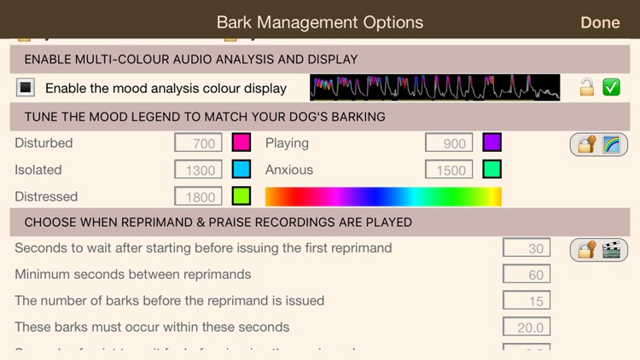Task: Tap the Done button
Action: click(x=600, y=22)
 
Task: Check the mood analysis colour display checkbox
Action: click(x=26, y=87)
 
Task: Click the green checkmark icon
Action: click(x=611, y=87)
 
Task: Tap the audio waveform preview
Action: click(x=434, y=87)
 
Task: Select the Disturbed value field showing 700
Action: click(x=199, y=143)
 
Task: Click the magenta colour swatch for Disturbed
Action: click(x=241, y=142)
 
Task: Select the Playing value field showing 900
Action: click(x=449, y=143)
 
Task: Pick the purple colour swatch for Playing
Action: click(x=492, y=142)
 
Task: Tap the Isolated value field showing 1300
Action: click(x=199, y=170)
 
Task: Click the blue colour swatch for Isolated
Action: click(x=241, y=169)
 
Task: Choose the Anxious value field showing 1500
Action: click(x=449, y=170)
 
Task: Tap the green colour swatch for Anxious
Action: click(x=492, y=169)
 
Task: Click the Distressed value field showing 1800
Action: click(x=199, y=196)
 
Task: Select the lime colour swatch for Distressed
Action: click(x=241, y=196)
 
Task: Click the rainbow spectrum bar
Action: click(x=383, y=196)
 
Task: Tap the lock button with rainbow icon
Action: click(x=598, y=143)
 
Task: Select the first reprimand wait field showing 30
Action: click(x=527, y=248)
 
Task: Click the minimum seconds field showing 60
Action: click(x=527, y=275)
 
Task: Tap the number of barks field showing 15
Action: click(x=527, y=301)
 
